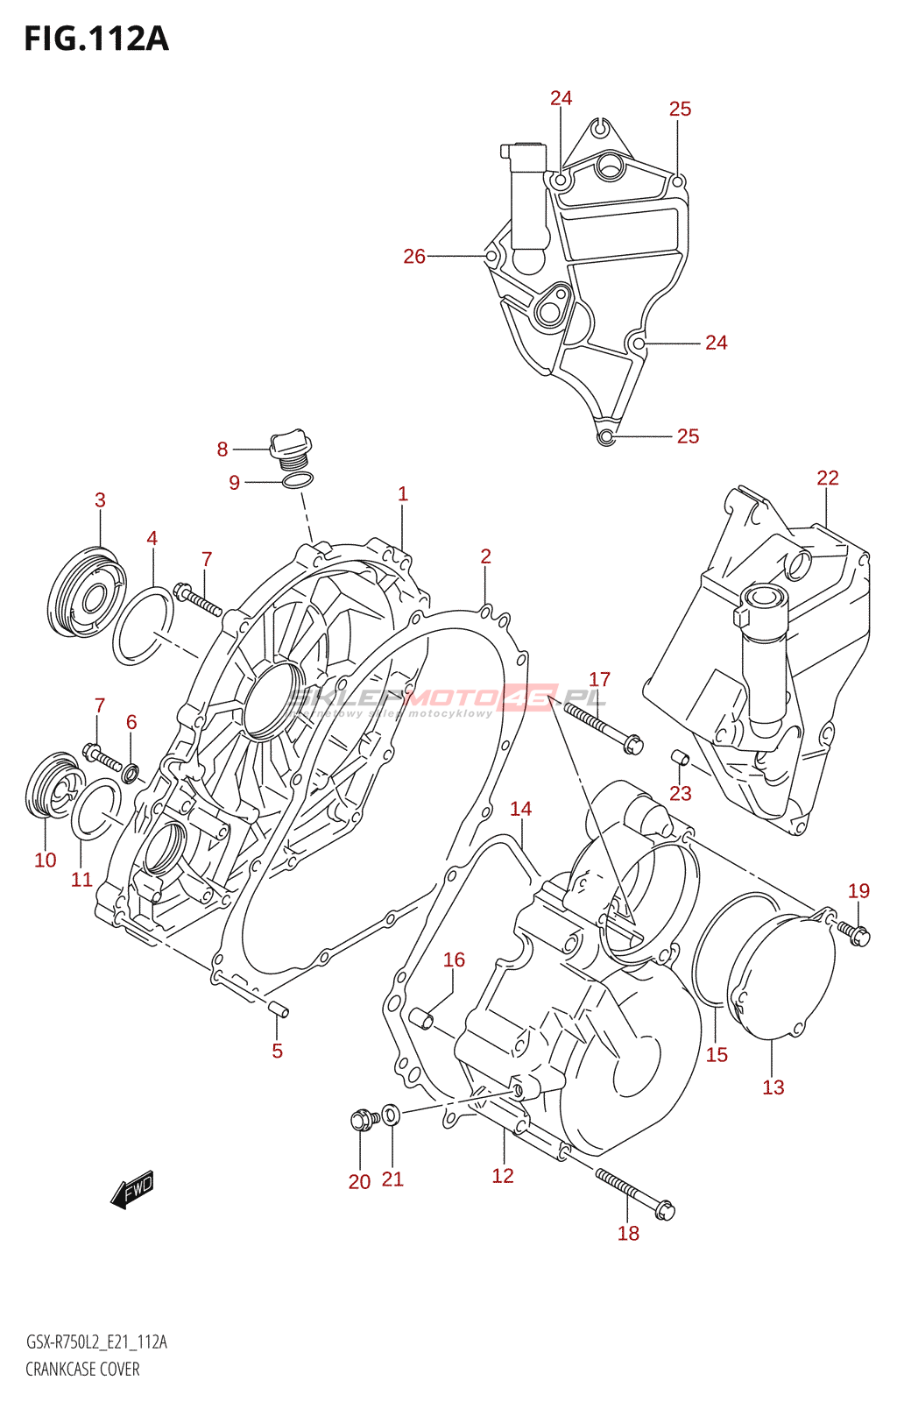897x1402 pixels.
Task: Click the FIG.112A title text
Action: (96, 39)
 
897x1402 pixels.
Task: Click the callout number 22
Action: (827, 478)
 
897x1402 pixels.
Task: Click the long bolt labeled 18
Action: (634, 1193)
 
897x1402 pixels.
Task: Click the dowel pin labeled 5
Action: (279, 1009)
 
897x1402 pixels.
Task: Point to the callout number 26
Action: (413, 256)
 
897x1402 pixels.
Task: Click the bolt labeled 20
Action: (363, 1120)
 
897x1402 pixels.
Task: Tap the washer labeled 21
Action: (392, 1115)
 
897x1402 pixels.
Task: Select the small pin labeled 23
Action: (681, 757)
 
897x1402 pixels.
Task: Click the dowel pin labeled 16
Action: (421, 1019)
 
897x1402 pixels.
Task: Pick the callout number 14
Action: (520, 809)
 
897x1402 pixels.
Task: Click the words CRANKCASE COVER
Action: (82, 1369)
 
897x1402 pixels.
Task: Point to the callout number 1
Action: (402, 493)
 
